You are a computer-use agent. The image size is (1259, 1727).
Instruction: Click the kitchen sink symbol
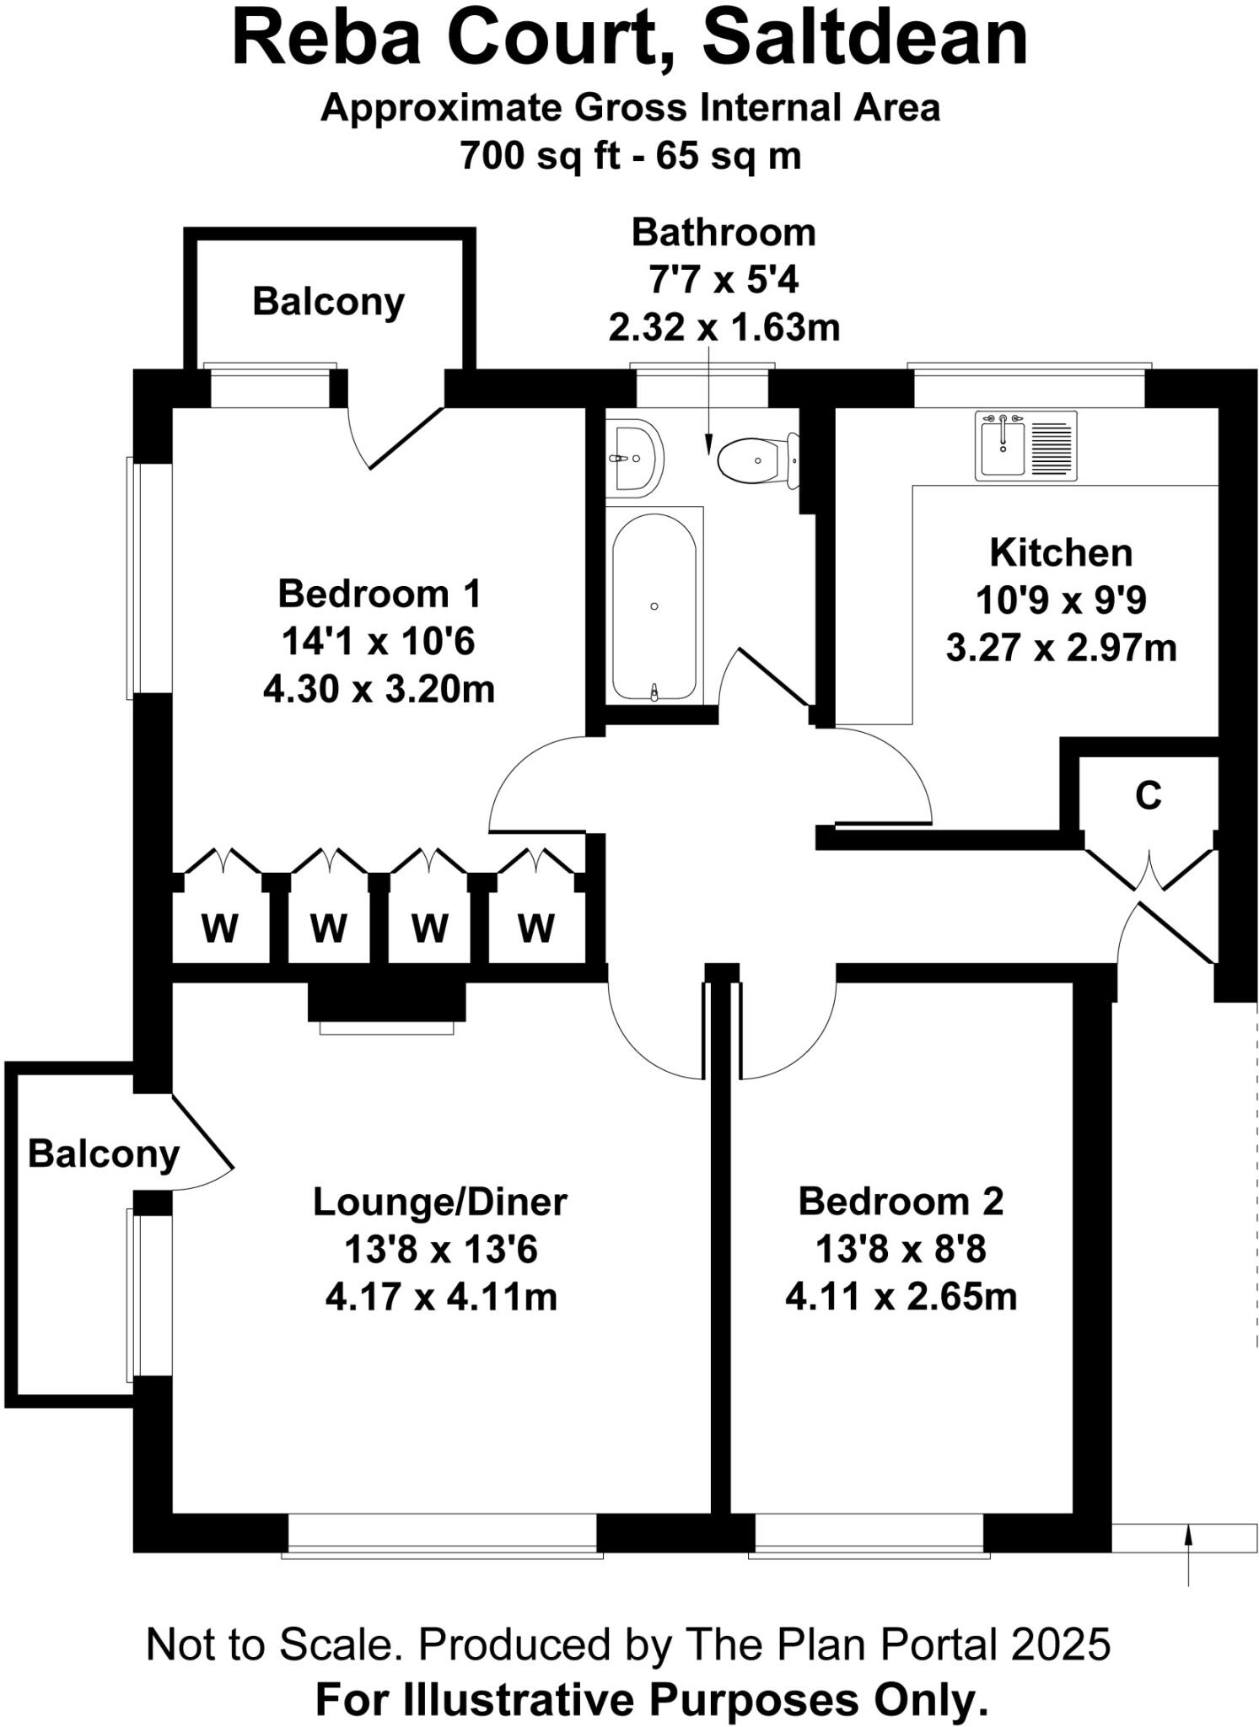pos(1025,445)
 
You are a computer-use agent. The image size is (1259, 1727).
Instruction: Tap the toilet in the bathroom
pos(753,460)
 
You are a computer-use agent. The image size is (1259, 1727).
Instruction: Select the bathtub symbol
pos(654,605)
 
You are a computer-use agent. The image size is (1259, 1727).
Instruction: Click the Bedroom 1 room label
pos(379,594)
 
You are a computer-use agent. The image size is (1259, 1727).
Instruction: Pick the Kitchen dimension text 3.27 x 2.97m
pos(1061,648)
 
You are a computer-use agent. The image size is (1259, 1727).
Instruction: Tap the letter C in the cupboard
pos(1149,795)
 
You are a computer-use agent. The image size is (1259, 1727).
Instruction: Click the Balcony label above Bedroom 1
pos(328,302)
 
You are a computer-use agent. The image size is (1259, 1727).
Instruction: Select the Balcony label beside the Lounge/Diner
pos(104,1154)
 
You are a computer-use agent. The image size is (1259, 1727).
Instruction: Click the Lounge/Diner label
pos(439,1202)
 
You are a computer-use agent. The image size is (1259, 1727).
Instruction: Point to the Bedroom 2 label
pos(901,1202)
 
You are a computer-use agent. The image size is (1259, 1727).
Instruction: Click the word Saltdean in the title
pos(865,39)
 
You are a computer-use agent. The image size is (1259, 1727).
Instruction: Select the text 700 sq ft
pos(540,156)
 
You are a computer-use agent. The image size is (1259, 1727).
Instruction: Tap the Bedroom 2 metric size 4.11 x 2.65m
pos(901,1297)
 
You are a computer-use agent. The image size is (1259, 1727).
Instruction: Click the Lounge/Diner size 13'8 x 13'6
pos(440,1250)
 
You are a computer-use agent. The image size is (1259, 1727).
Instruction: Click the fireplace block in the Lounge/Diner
pos(386,1001)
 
